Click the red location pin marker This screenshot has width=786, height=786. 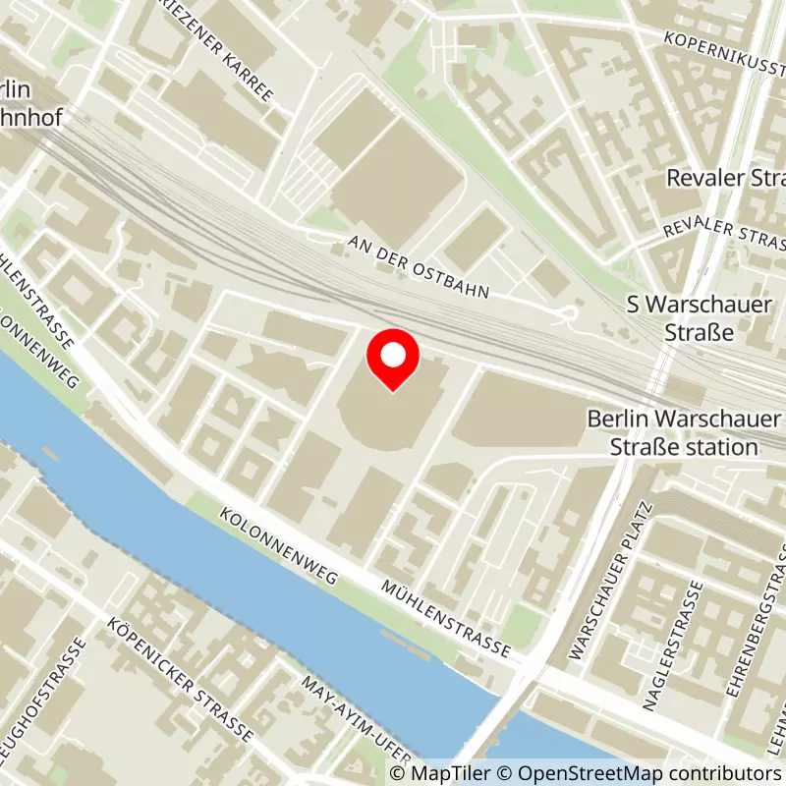[x=392, y=359]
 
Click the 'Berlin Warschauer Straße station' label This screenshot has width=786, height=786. [x=686, y=432]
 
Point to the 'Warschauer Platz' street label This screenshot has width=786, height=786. [x=609, y=580]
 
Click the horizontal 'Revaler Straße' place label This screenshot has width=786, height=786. [x=725, y=179]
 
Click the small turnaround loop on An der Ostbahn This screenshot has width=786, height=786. [x=568, y=313]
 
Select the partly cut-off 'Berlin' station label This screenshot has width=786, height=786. [x=17, y=89]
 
